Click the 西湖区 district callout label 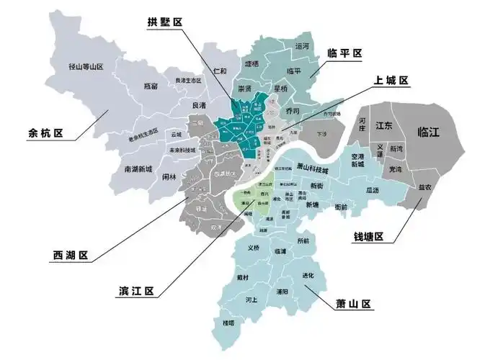(x=71, y=255)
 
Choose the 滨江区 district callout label (x=136, y=291)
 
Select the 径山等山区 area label (x=86, y=66)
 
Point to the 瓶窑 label (x=151, y=86)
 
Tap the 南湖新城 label (x=138, y=169)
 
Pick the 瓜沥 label (x=372, y=190)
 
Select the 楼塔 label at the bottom (x=229, y=323)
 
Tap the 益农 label (x=425, y=187)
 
